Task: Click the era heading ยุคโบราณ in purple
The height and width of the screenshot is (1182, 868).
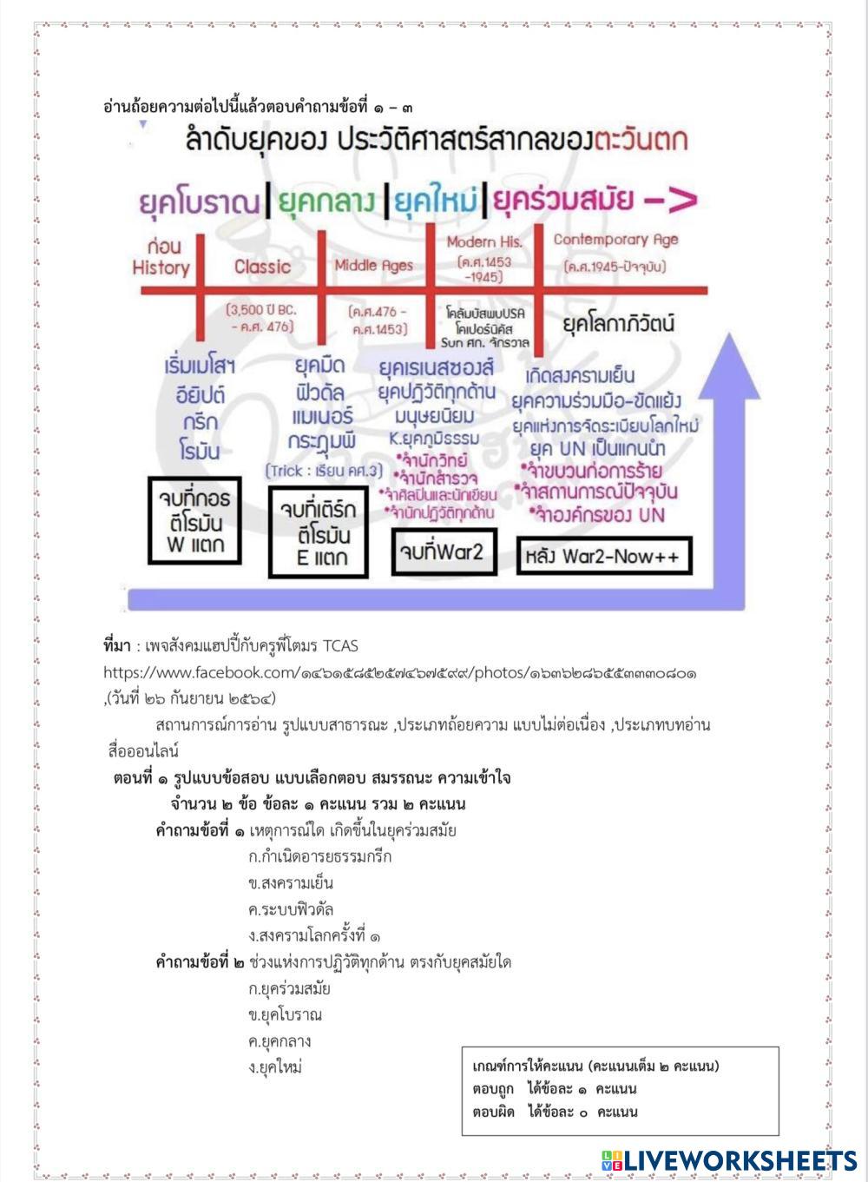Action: coord(200,201)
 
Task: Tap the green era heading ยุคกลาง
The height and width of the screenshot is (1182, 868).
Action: coord(328,201)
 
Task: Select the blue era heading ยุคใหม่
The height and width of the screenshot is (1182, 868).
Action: coord(436,201)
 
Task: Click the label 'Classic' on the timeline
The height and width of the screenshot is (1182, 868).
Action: coord(262,267)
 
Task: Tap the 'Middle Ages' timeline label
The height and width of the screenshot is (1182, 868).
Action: coord(374,265)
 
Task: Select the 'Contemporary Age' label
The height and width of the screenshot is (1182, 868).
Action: coord(615,240)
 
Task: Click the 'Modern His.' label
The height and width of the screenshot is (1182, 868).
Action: coord(484,242)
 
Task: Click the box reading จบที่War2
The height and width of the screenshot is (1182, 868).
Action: coord(444,551)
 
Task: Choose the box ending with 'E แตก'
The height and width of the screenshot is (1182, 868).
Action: coord(320,533)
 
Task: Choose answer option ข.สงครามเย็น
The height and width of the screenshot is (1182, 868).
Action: coord(291,883)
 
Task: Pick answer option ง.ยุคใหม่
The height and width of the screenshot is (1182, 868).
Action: coord(275,1067)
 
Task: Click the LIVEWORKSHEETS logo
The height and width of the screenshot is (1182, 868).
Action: coord(727,1161)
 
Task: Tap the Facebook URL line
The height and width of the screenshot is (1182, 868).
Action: coord(399,672)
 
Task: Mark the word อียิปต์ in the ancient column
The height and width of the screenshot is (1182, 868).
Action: coord(200,393)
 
